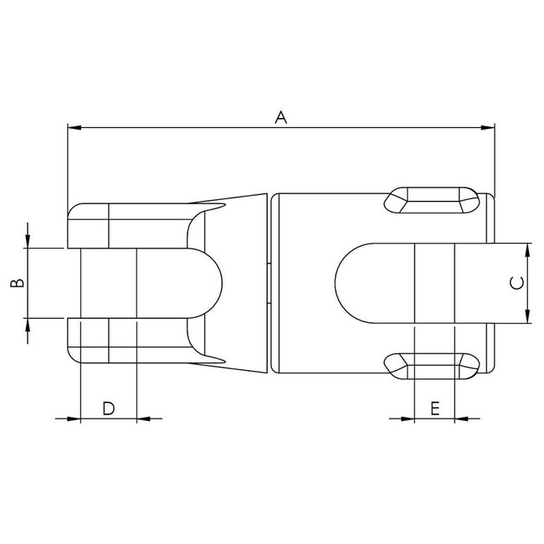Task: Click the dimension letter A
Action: point(281,118)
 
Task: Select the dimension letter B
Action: point(16,284)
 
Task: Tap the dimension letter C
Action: point(516,283)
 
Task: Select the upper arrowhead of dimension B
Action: point(28,242)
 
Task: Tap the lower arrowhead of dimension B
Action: point(28,325)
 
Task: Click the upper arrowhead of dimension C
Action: point(527,249)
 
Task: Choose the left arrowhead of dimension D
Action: point(73,418)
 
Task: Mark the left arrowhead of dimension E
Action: point(408,418)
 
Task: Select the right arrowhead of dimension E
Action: point(462,418)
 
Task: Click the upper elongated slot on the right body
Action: point(432,199)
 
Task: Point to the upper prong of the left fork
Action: point(126,225)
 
